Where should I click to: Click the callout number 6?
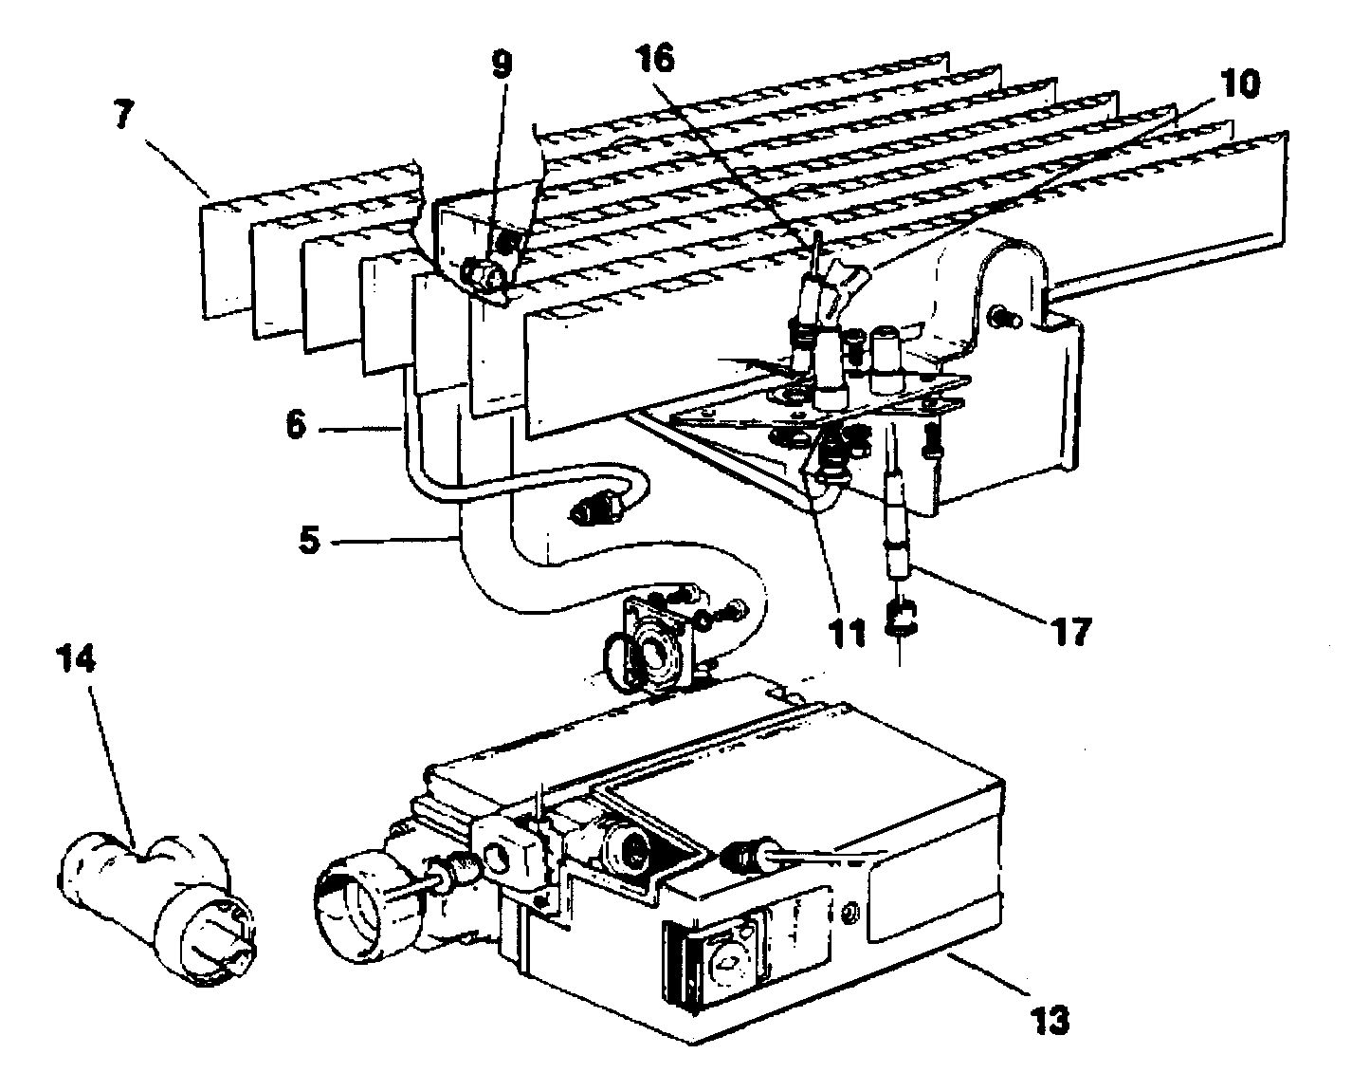pyautogui.click(x=297, y=424)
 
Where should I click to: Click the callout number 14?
pyautogui.click(x=79, y=661)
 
